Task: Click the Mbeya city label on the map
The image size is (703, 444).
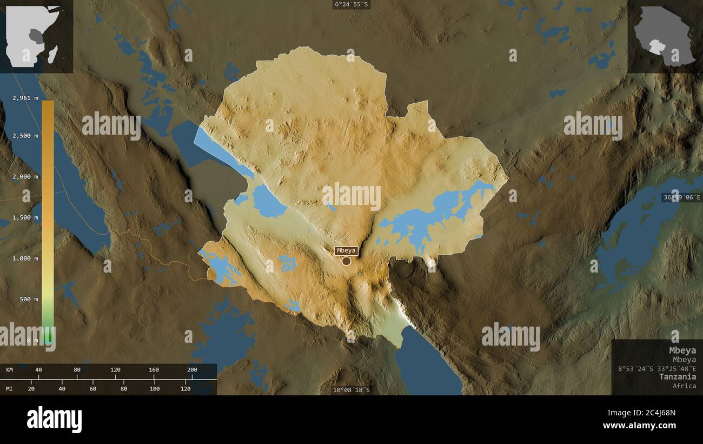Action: pyautogui.click(x=346, y=250)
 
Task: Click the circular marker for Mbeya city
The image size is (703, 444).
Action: pyautogui.click(x=346, y=261)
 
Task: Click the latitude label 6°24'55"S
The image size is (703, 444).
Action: pyautogui.click(x=351, y=4)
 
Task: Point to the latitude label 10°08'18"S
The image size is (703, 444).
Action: pyautogui.click(x=351, y=389)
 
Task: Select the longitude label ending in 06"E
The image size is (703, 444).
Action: pyautogui.click(x=681, y=197)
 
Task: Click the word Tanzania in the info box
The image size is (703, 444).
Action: pyautogui.click(x=678, y=376)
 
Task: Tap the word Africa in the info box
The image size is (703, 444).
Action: pyautogui.click(x=684, y=386)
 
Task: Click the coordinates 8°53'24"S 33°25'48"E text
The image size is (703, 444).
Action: pyautogui.click(x=657, y=368)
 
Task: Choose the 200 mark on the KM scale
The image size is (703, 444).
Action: pyautogui.click(x=192, y=370)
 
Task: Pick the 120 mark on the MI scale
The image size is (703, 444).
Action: pyautogui.click(x=185, y=388)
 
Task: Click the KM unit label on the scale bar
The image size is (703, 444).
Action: pyautogui.click(x=9, y=370)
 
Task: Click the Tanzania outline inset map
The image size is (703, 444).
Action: pyautogui.click(x=664, y=36)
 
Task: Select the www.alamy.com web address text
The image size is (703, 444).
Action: pyautogui.click(x=639, y=426)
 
